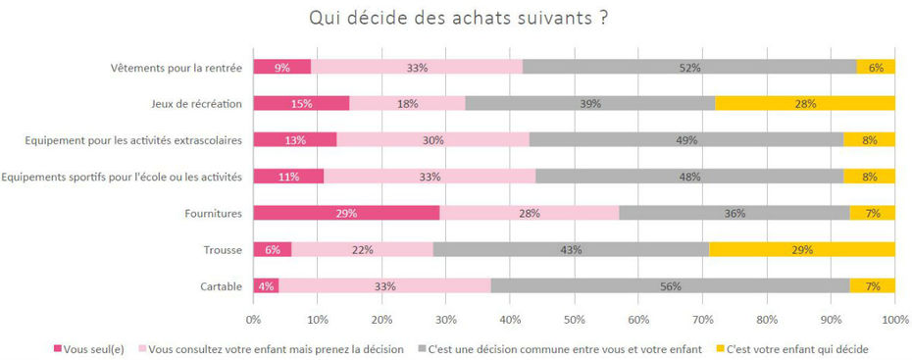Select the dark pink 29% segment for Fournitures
(x=346, y=213)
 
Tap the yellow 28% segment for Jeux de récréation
(x=804, y=103)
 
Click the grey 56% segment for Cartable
(x=671, y=286)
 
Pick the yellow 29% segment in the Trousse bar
(x=801, y=250)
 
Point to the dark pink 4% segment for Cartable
(x=266, y=286)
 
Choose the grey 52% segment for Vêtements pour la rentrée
(x=689, y=67)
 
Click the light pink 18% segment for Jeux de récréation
(x=407, y=103)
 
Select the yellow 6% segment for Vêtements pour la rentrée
(x=876, y=67)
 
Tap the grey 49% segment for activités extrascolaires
(x=686, y=139)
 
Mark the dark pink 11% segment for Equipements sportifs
(x=288, y=177)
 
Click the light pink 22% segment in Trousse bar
(x=362, y=250)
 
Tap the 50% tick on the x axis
(x=574, y=319)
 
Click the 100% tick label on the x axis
(x=893, y=319)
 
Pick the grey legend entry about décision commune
(x=563, y=348)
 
